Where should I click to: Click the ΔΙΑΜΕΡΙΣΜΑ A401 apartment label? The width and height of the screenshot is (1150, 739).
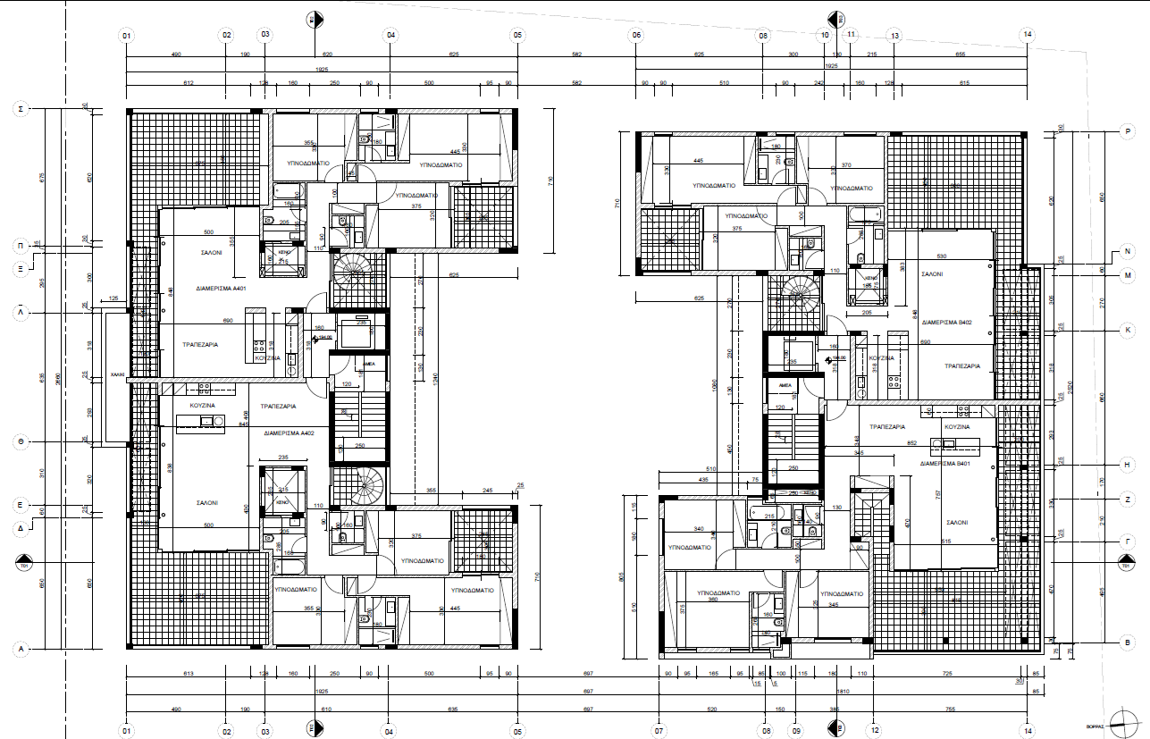click(222, 290)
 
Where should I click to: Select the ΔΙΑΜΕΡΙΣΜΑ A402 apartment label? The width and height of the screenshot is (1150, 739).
click(289, 432)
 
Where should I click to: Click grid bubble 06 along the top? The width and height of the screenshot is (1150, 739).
click(636, 36)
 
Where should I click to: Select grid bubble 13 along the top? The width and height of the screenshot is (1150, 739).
click(894, 36)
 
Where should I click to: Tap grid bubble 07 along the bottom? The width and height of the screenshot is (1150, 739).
click(659, 731)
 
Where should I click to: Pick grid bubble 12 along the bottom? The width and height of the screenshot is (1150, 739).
click(873, 731)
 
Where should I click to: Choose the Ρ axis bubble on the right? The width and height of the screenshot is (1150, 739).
click(1128, 131)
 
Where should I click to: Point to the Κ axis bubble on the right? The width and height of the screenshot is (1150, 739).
click(1128, 330)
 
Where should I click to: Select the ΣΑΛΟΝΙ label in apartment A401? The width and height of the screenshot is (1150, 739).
click(211, 253)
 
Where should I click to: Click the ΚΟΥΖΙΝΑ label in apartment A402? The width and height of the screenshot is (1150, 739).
click(202, 405)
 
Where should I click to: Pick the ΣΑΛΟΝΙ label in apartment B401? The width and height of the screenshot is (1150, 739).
click(957, 521)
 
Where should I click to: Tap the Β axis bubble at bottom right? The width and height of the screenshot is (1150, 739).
click(1128, 641)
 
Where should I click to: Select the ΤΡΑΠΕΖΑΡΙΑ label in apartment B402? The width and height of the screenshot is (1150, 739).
click(962, 365)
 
